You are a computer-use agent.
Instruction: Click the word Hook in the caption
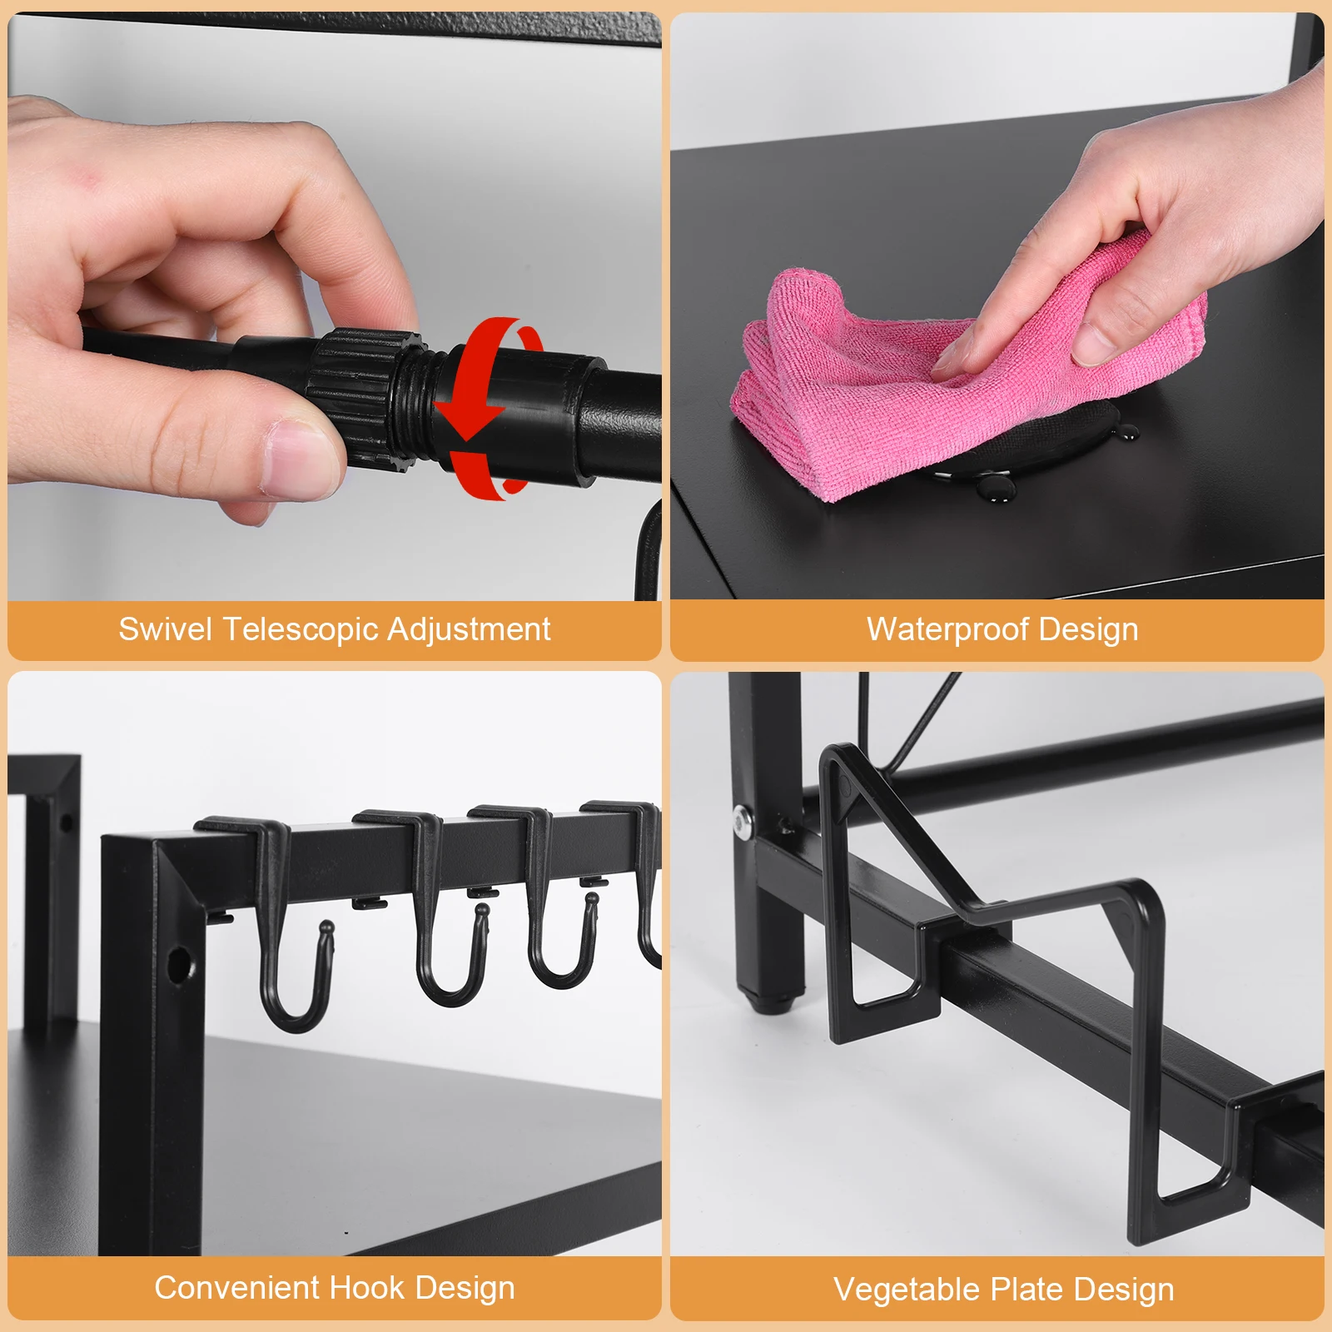click(367, 1288)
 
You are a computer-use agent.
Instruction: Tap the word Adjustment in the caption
click(469, 629)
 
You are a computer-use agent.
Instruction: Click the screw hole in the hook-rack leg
click(178, 965)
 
